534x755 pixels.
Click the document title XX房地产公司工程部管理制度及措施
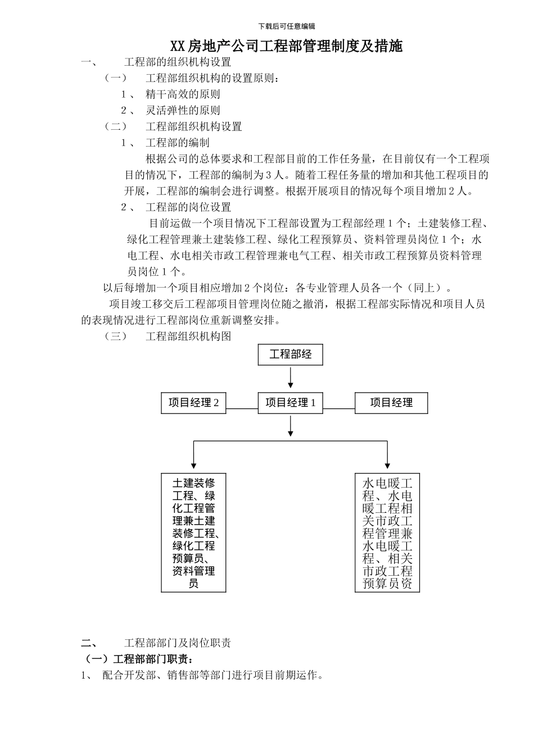287,46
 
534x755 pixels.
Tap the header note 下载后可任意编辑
287,26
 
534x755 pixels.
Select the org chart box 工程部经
291,354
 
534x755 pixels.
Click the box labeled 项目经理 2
194,403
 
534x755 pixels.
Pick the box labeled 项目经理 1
291,403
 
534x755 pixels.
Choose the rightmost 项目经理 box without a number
391,403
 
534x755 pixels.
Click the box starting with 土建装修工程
194,533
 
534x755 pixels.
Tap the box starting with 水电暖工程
387,533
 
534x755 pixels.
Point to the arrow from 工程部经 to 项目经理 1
291,377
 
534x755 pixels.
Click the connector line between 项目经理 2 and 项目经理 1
242,408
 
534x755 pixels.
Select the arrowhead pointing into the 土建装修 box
194,466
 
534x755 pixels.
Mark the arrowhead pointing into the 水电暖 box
387,466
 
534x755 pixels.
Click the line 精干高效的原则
183,94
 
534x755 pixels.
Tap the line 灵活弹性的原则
183,111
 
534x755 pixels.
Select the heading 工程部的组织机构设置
178,62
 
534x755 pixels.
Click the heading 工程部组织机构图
188,336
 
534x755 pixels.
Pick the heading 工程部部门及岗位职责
178,643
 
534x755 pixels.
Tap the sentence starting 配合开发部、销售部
213,675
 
